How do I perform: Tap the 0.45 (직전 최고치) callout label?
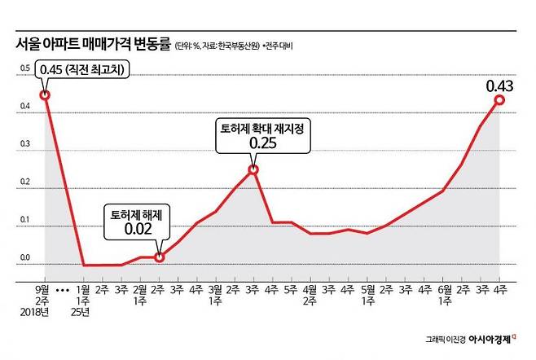81,71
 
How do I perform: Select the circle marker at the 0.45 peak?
45,95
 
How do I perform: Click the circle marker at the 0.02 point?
160,257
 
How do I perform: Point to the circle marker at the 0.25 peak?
253,170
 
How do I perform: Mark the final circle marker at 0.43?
499,99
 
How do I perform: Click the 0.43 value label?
500,85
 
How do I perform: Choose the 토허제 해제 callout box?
136,223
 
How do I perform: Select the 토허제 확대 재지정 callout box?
253,135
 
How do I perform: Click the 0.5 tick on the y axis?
24,77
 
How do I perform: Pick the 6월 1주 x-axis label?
443,295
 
